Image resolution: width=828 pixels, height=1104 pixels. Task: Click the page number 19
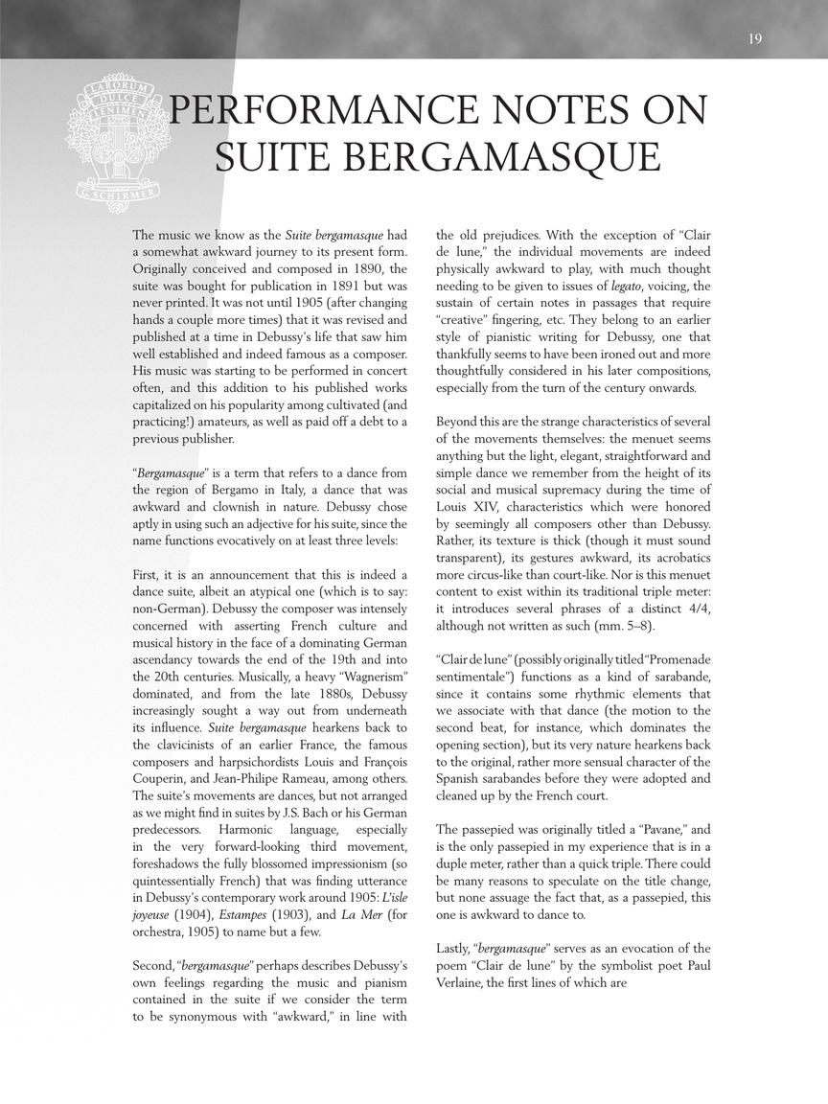tap(755, 38)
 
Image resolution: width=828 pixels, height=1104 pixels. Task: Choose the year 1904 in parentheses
tap(197, 914)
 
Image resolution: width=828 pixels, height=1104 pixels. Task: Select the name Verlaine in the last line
tap(467, 982)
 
